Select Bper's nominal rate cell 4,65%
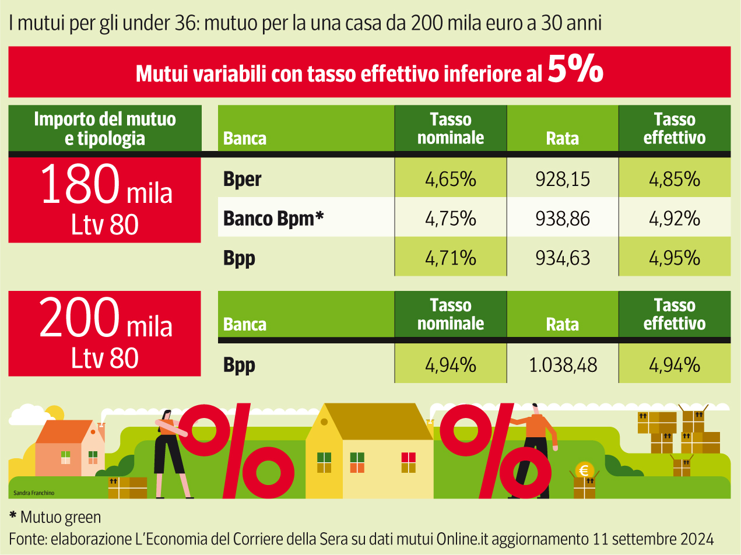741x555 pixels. (451, 179)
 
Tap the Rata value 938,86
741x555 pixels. (562, 219)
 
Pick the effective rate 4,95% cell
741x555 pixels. (674, 257)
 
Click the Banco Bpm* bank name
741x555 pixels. (273, 219)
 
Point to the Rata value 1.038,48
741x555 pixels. (562, 365)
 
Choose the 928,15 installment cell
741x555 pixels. (562, 179)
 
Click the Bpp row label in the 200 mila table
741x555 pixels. (239, 365)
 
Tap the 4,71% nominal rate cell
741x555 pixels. (451, 257)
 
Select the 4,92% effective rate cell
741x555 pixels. (674, 219)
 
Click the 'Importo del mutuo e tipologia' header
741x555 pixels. (105, 129)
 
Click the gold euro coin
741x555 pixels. (584, 470)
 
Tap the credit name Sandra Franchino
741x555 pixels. (34, 493)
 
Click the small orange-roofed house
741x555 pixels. (69, 449)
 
